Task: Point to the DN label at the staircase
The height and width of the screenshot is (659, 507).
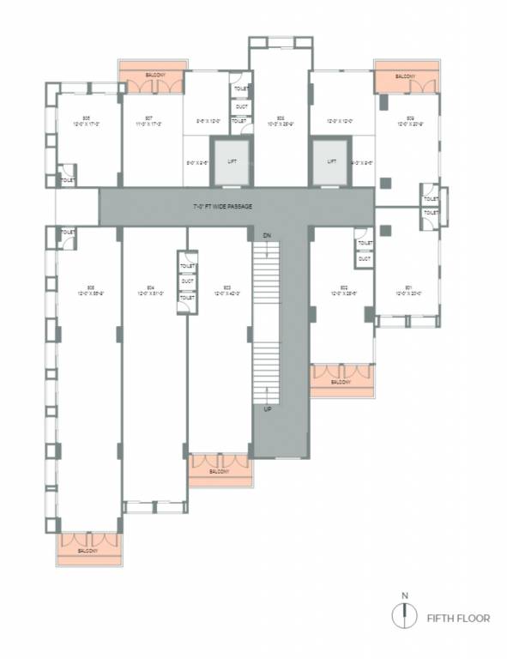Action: (x=266, y=234)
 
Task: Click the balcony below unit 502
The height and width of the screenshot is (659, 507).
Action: (x=341, y=380)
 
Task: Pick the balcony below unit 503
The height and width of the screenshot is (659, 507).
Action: (x=220, y=471)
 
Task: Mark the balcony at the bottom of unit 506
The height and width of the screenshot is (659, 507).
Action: (x=89, y=549)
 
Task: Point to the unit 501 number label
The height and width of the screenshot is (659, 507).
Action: (x=408, y=287)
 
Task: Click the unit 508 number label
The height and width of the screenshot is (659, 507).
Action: (x=281, y=117)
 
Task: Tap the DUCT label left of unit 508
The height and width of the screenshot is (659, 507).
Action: (x=241, y=106)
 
